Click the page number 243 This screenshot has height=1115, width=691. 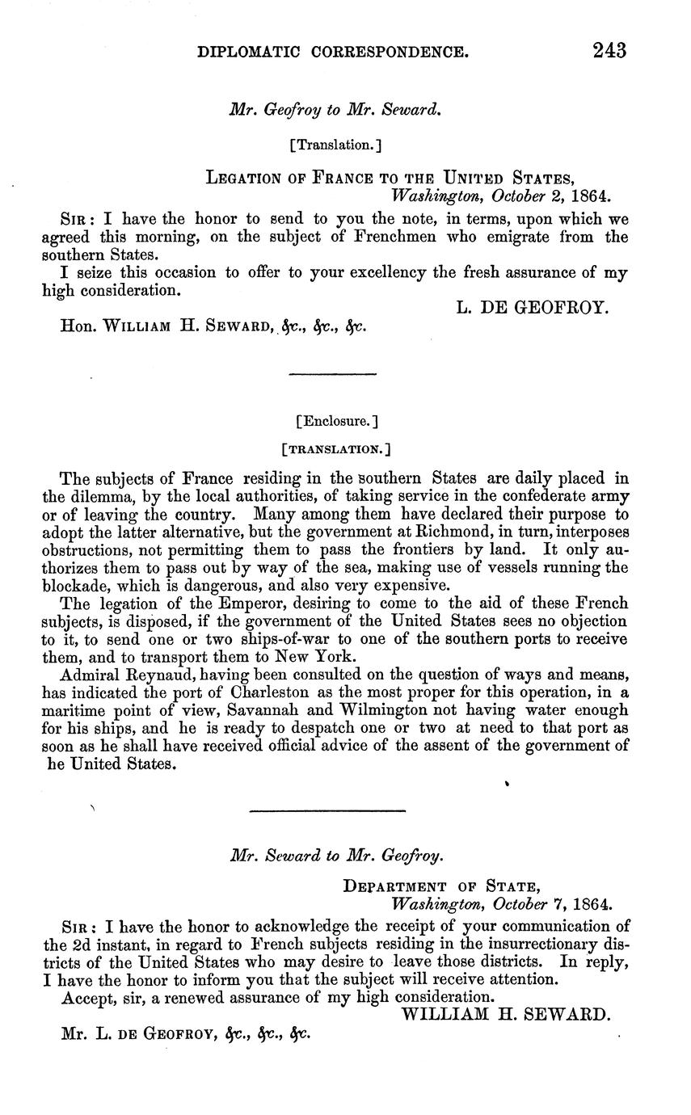(x=609, y=51)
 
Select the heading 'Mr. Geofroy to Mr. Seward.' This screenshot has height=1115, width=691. (x=335, y=111)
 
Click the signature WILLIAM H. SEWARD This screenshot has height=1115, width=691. (x=505, y=1014)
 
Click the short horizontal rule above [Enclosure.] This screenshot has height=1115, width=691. (x=332, y=374)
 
